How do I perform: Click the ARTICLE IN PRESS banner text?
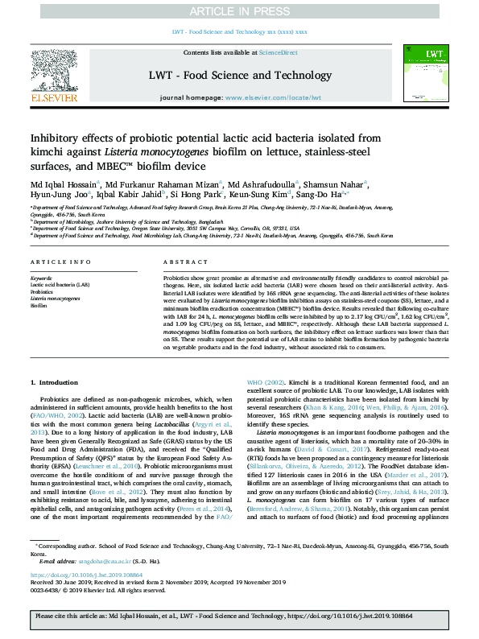tap(239, 11)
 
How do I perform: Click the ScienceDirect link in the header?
tap(279, 52)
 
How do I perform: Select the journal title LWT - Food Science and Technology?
tap(239, 76)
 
